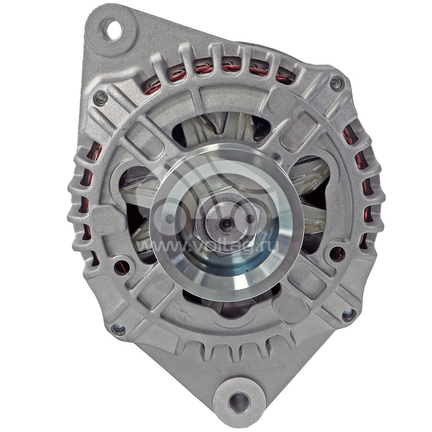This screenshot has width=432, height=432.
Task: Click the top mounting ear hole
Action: coord(113,30)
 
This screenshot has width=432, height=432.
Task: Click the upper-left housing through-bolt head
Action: coord(100,98)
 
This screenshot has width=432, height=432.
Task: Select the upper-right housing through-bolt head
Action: coord(336,84)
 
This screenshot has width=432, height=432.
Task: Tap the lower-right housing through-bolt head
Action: coord(348,314)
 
